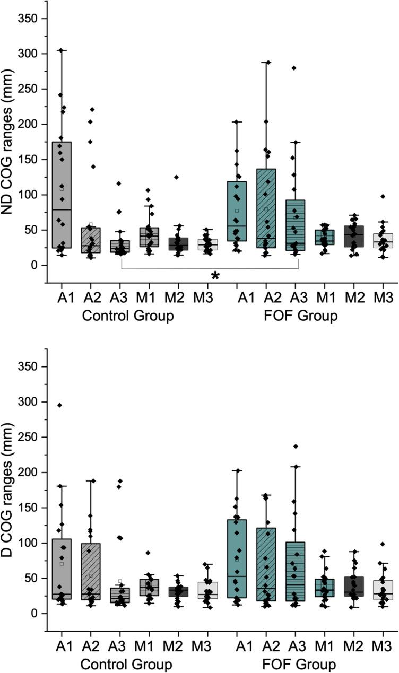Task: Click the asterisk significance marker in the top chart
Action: (215, 275)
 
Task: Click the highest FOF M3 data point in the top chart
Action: (383, 196)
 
